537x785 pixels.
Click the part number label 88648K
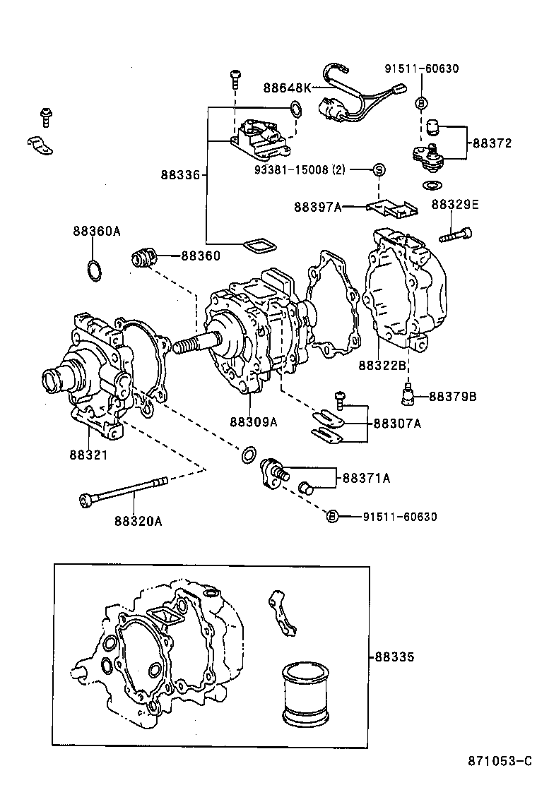(288, 88)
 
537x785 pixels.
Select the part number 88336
(180, 174)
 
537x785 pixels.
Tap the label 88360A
(96, 231)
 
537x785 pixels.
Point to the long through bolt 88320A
(124, 491)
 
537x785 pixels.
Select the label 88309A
(252, 422)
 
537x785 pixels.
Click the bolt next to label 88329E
(456, 234)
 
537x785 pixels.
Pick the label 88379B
(453, 397)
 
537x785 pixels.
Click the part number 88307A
(397, 424)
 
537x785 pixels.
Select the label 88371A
(367, 478)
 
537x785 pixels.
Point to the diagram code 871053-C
(499, 761)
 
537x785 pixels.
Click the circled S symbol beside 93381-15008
(378, 169)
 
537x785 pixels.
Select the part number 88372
(492, 143)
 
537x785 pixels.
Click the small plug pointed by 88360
(143, 258)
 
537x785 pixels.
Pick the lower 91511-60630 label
(400, 517)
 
